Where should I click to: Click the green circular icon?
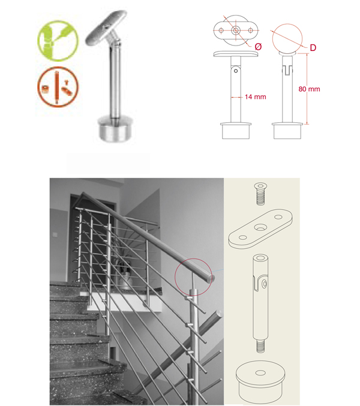click(x=58, y=41)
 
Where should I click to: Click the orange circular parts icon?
click(x=58, y=87)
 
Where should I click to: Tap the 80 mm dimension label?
click(x=309, y=89)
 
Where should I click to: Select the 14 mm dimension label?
click(x=256, y=97)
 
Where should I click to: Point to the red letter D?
click(x=313, y=47)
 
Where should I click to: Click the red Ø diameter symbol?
click(x=258, y=47)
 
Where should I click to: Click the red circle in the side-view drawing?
click(x=287, y=39)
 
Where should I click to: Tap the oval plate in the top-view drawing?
click(x=236, y=31)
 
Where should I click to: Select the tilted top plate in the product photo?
click(x=106, y=28)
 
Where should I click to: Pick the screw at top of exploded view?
click(x=260, y=194)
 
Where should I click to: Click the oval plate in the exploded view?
click(x=260, y=229)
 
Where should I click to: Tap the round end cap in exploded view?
click(x=260, y=381)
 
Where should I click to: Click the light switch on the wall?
click(x=55, y=234)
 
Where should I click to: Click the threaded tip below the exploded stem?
click(x=260, y=346)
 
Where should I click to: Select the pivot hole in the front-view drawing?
click(x=236, y=71)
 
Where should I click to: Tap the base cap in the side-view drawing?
click(x=287, y=131)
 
